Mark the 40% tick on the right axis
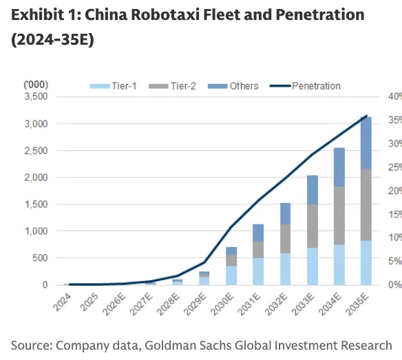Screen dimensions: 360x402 coord(394,96)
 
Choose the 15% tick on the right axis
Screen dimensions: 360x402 coord(394,214)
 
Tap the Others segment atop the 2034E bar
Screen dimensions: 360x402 coord(339,167)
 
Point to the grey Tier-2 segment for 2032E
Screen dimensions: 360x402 coord(286,238)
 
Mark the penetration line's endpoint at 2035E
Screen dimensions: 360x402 coord(366,116)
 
